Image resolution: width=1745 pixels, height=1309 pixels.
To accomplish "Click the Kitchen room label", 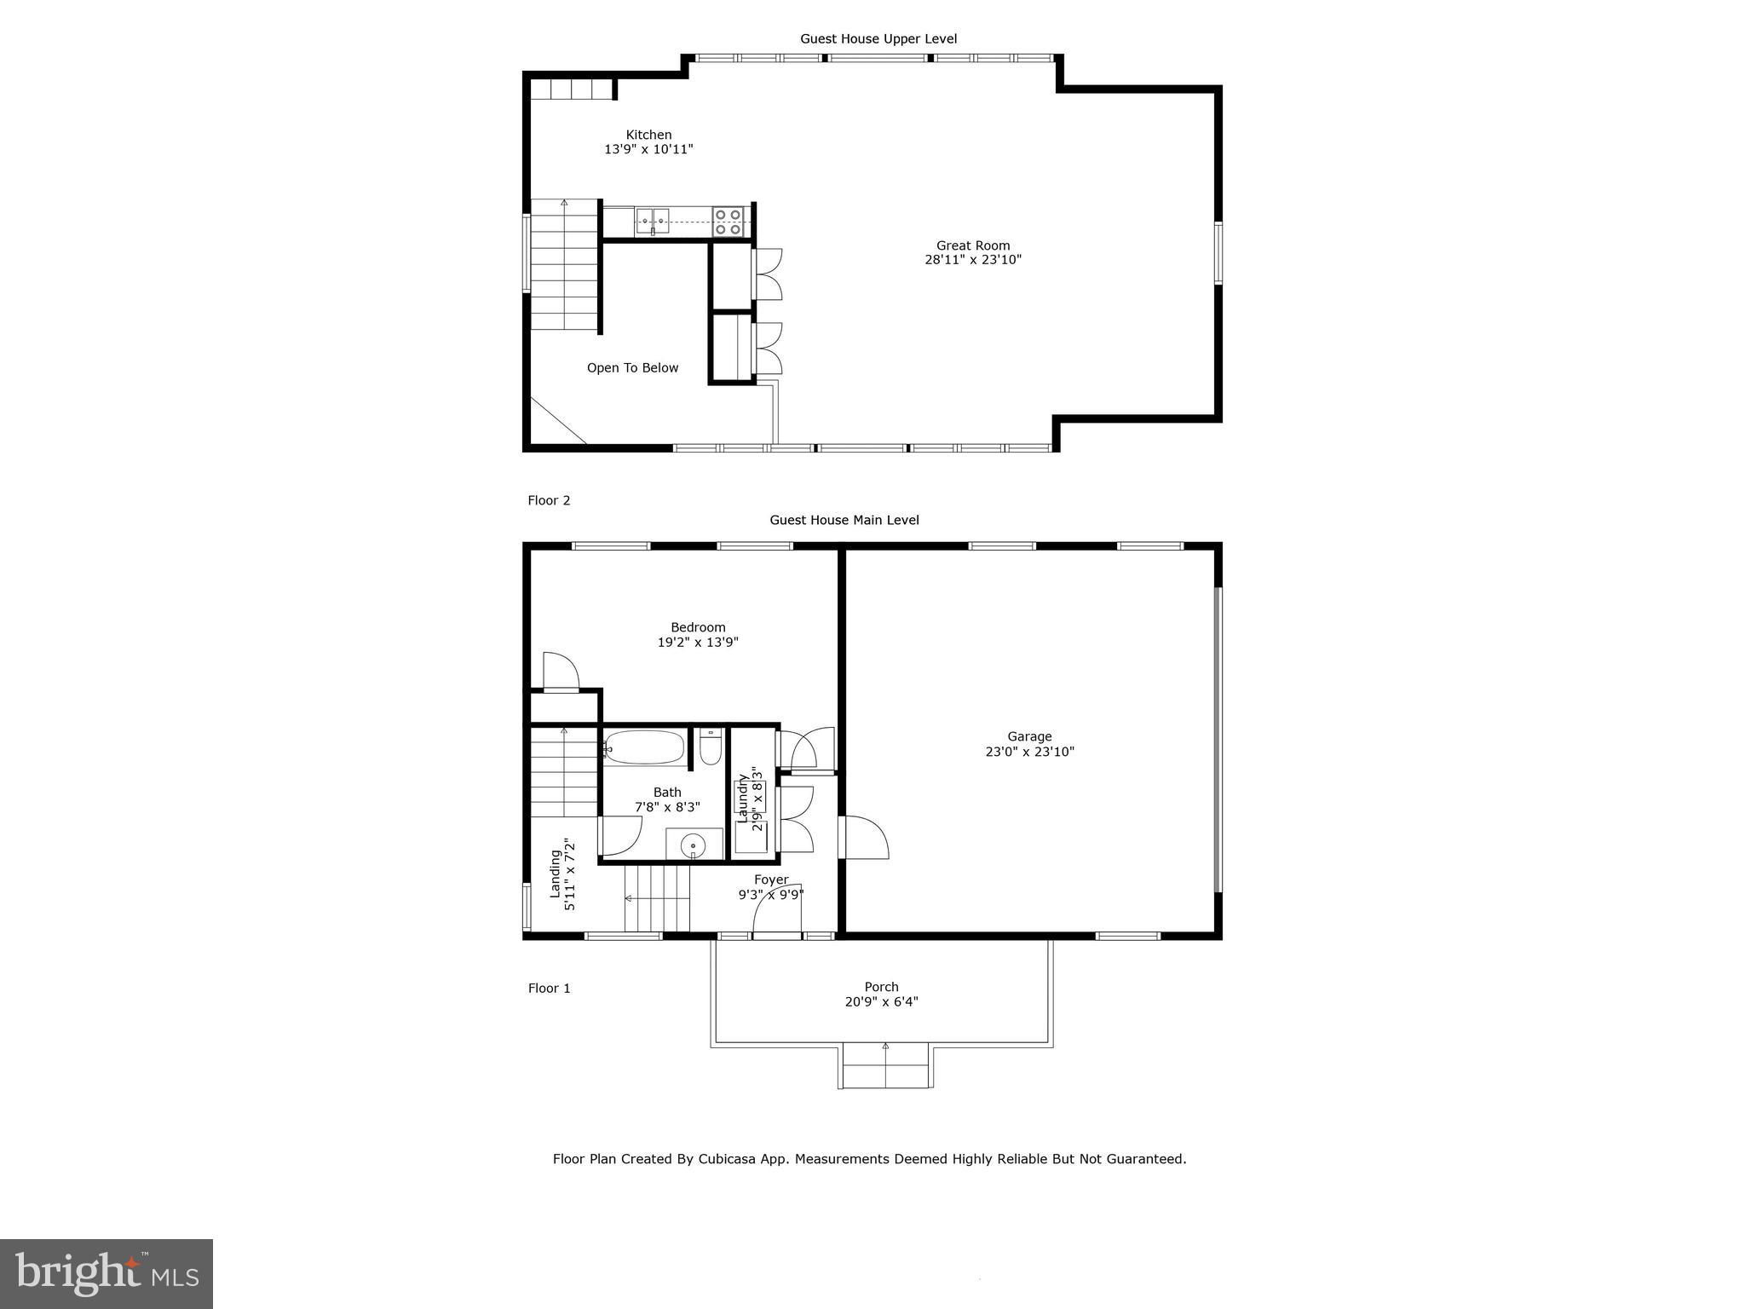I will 648,135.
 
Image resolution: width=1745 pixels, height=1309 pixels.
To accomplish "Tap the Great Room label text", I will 972,245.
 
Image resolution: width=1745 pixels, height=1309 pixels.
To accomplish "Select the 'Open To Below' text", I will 632,368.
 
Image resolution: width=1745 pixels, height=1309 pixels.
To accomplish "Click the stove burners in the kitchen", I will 728,222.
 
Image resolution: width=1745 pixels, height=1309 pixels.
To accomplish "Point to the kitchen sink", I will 652,221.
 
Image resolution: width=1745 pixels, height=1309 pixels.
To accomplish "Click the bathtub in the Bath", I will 645,747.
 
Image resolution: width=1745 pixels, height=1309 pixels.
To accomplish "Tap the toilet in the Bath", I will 711,747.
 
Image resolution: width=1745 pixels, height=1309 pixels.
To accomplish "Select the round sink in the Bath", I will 694,845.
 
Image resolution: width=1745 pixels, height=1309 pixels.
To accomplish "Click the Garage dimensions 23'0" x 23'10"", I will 1029,752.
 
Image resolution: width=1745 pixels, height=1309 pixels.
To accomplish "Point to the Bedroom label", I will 698,627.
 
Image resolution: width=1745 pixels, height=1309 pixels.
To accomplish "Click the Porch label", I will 881,987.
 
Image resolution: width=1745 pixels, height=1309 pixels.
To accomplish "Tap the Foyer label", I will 771,879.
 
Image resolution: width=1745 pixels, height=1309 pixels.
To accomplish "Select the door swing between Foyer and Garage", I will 862,838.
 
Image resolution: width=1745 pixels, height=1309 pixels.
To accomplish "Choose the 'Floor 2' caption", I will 549,500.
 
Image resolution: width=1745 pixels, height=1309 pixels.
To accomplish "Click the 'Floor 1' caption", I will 549,989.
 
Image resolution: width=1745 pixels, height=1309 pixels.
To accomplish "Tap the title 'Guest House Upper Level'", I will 878,38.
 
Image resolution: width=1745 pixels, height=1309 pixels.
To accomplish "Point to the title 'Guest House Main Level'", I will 844,520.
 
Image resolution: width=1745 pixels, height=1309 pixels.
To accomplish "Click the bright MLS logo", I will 107,1274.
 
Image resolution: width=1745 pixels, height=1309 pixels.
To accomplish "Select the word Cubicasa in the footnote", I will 729,1159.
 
